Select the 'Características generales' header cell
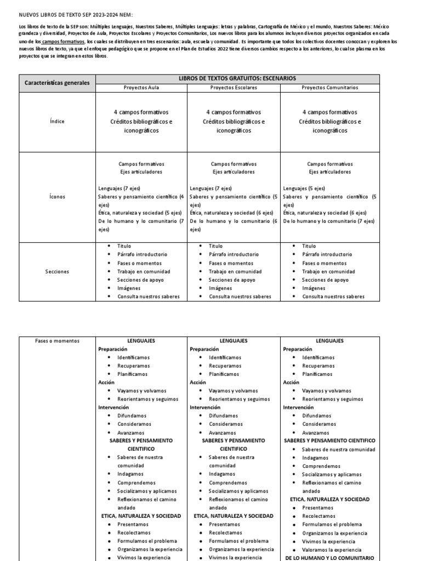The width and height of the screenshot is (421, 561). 57,83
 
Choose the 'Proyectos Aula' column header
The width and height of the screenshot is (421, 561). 141,88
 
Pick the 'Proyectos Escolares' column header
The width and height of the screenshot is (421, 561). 234,88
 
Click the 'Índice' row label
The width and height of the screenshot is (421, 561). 57,122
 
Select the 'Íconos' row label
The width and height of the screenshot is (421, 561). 57,196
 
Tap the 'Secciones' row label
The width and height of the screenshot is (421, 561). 57,271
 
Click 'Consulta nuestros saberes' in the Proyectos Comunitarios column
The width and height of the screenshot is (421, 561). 333,296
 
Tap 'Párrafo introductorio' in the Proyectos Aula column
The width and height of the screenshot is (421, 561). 142,255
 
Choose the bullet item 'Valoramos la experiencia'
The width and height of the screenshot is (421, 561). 331,549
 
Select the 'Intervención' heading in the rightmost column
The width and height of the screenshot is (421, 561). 298,408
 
